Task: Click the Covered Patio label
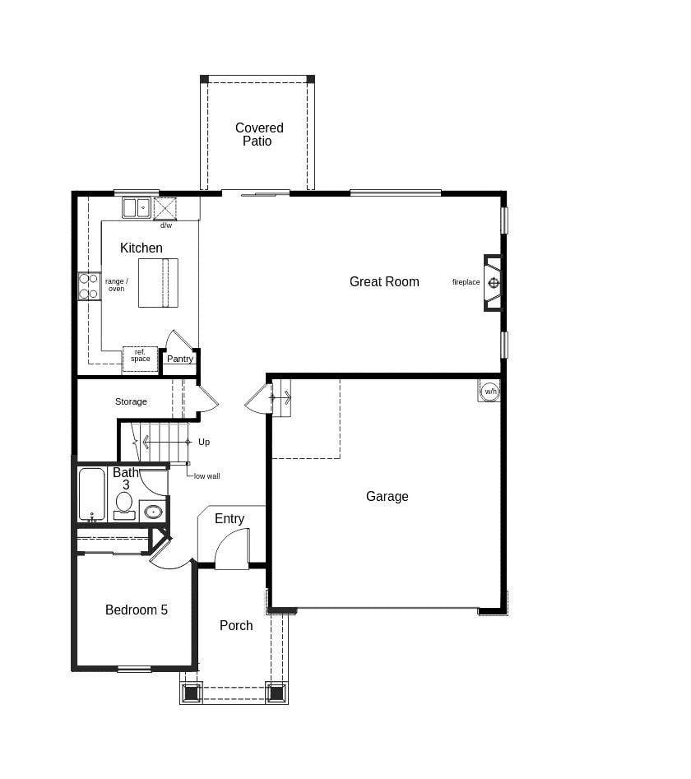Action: tap(259, 134)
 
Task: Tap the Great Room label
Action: tap(384, 281)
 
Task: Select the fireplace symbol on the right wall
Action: tap(493, 283)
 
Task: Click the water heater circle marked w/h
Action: tap(489, 391)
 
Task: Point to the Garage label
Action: tap(387, 496)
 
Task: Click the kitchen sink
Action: tap(137, 207)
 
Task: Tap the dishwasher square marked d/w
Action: tap(165, 209)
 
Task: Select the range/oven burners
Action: tap(89, 286)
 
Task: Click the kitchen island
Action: tap(158, 283)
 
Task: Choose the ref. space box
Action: tap(140, 358)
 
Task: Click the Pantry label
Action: tap(180, 359)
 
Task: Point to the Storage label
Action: tap(131, 401)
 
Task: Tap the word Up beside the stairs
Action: tap(204, 442)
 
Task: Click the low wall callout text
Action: tap(206, 475)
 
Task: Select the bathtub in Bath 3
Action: tap(91, 494)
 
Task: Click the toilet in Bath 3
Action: tap(124, 503)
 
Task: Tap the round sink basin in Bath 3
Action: tap(153, 512)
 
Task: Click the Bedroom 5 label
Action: tap(137, 610)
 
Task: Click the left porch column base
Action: tap(192, 693)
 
